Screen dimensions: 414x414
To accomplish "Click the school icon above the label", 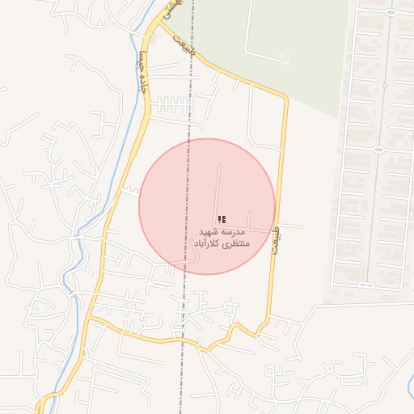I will pyautogui.click(x=222, y=219).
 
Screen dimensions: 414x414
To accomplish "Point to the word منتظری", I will pyautogui.click(x=235, y=243).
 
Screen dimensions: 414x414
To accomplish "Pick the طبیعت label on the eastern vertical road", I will pyautogui.click(x=276, y=239).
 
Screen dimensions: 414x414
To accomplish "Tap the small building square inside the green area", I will pyautogui.click(x=285, y=57).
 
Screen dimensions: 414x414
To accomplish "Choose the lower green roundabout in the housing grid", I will pyautogui.click(x=378, y=150).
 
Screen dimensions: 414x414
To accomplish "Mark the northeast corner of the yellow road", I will pyautogui.click(x=285, y=98).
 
